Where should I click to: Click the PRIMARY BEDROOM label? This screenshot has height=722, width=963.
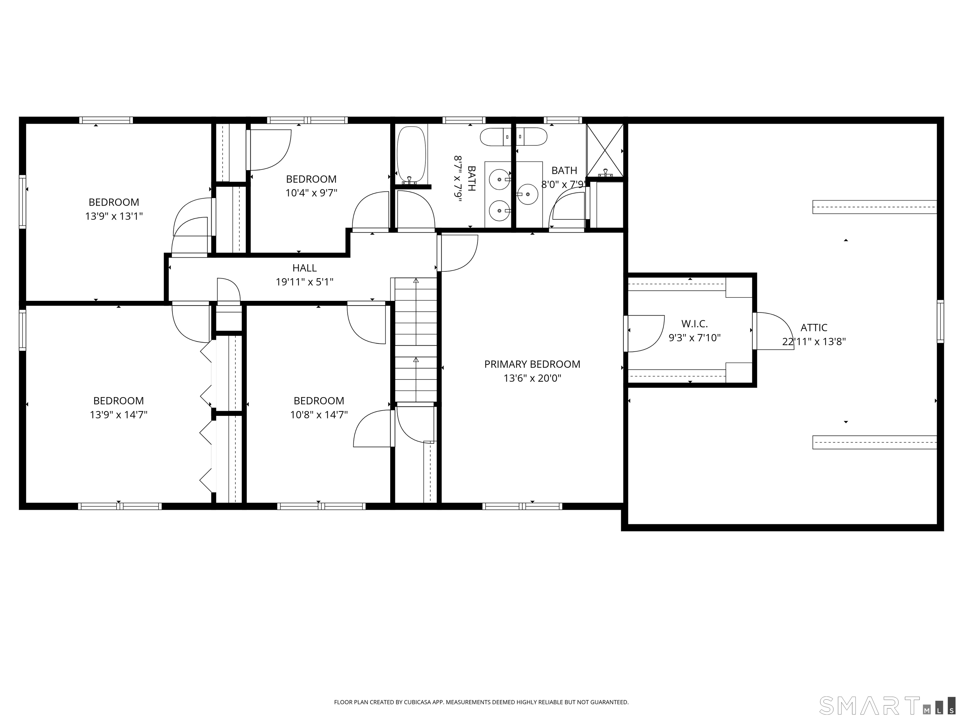tap(532, 364)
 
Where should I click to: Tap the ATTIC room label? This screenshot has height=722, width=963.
tap(814, 328)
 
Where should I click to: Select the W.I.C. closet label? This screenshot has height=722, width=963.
tap(694, 324)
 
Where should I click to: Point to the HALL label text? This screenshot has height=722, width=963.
tap(304, 268)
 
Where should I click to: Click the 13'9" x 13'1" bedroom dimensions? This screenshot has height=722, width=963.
tap(114, 216)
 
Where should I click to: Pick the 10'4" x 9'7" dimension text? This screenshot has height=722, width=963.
tap(311, 193)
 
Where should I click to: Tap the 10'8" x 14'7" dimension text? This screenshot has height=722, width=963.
tap(319, 415)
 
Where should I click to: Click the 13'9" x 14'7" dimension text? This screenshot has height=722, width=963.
tap(118, 415)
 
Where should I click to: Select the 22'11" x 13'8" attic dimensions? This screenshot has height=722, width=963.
tap(814, 342)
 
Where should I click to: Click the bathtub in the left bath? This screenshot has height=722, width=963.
tap(411, 154)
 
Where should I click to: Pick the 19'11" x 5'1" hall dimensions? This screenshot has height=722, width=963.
tap(304, 282)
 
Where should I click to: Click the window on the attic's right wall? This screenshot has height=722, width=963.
tap(940, 321)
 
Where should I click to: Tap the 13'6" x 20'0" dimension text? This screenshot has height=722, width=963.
tap(532, 378)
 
